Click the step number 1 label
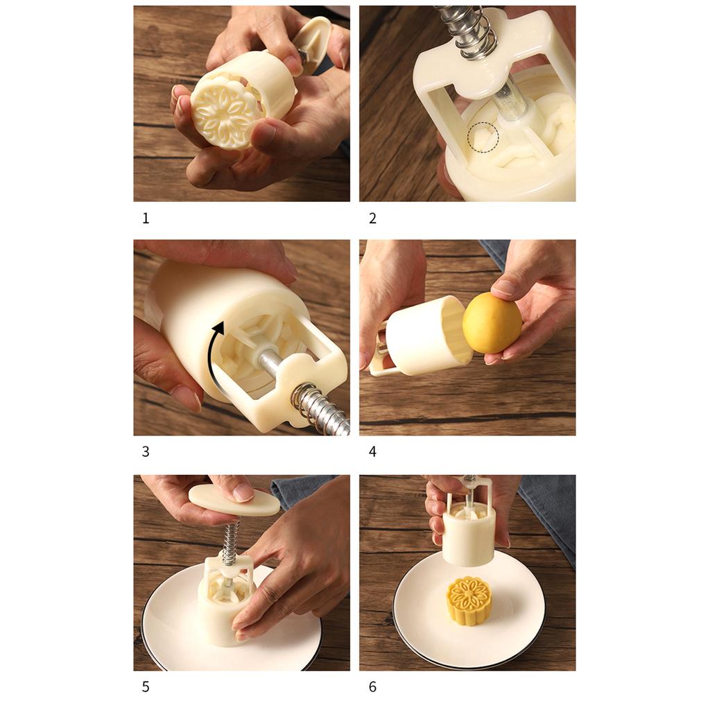146,218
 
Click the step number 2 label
372,218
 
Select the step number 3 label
146,451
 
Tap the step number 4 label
372,451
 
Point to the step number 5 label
146,687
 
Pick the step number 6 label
372,687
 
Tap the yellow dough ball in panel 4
492,322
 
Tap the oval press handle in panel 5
234,500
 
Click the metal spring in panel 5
230,542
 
